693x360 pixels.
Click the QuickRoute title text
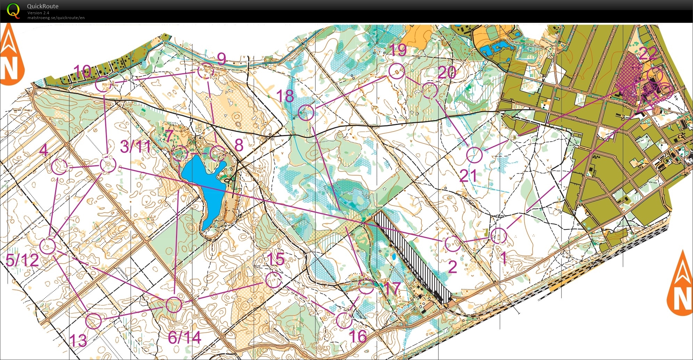pyautogui.click(x=42, y=6)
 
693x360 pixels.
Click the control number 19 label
pyautogui.click(x=398, y=50)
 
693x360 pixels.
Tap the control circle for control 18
pyautogui.click(x=306, y=112)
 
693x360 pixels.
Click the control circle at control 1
pyautogui.click(x=499, y=236)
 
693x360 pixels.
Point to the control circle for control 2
pyautogui.click(x=453, y=243)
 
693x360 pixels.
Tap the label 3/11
pyautogui.click(x=135, y=147)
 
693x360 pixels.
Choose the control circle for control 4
pyautogui.click(x=59, y=167)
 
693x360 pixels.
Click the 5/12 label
pyautogui.click(x=22, y=260)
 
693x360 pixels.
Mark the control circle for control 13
pyautogui.click(x=93, y=321)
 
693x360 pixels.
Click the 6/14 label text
pyautogui.click(x=184, y=337)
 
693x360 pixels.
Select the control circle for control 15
pyautogui.click(x=274, y=280)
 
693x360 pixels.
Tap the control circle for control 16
pyautogui.click(x=344, y=320)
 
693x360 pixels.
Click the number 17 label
pyautogui.click(x=392, y=288)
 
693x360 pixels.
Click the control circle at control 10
pyautogui.click(x=103, y=84)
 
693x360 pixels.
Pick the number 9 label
pyautogui.click(x=221, y=59)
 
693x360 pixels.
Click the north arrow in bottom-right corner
pyautogui.click(x=681, y=285)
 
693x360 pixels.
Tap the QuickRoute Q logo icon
pyautogui.click(x=13, y=10)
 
